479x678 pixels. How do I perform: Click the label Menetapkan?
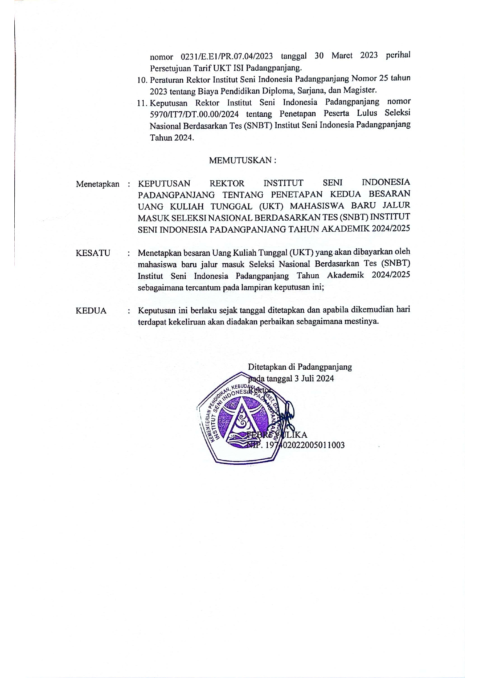[x=97, y=184]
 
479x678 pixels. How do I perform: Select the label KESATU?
[x=93, y=253]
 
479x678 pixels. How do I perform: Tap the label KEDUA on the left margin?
[x=91, y=311]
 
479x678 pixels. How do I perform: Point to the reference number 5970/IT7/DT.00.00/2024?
[x=194, y=114]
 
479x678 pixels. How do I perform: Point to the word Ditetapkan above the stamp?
[x=267, y=367]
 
